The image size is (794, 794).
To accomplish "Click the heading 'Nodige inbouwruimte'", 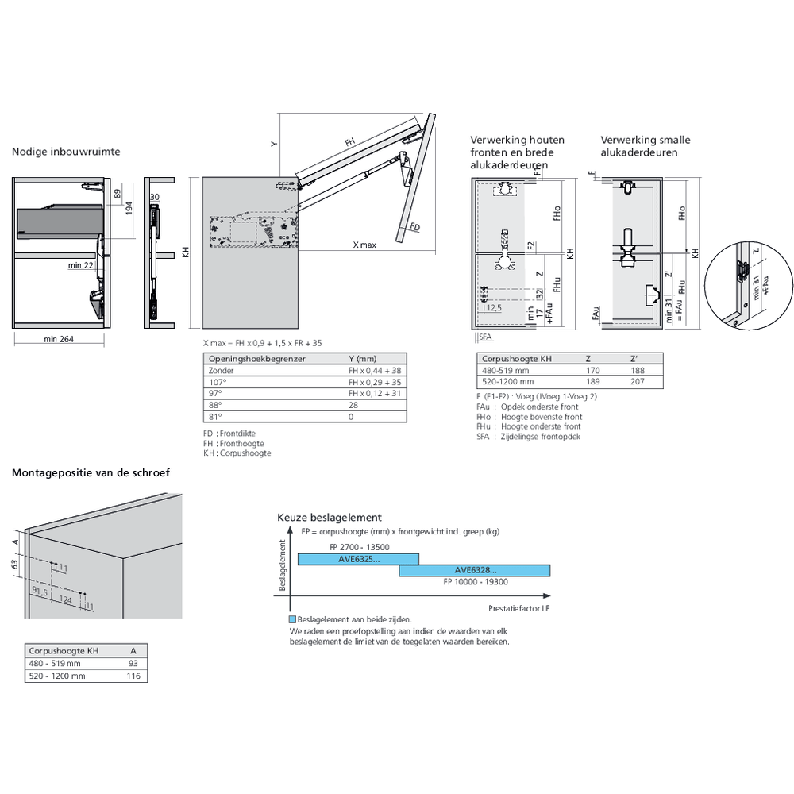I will point(66,152).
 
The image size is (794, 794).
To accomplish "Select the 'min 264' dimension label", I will point(60,339).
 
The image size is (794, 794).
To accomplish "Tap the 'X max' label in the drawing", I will point(364,245).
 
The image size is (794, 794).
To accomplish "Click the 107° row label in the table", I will point(215,382).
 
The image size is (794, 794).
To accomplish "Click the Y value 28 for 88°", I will point(353,405).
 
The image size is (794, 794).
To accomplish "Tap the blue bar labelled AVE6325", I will point(358,560).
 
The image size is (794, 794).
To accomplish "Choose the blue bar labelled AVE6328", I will point(475,570).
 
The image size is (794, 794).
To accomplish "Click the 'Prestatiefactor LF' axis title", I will point(522,607).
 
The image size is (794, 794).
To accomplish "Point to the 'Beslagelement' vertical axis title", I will point(283,565).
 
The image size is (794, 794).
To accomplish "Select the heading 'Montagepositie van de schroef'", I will point(91,472).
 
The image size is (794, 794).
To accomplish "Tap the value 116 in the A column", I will point(133,676).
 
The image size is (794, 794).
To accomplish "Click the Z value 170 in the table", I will point(592,370).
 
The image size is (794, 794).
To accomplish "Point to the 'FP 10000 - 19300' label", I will point(476,581).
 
